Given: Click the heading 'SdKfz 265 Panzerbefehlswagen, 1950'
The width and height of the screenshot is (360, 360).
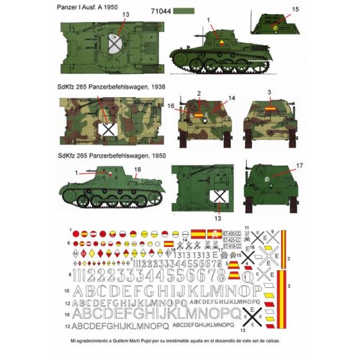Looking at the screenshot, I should [x=112, y=154].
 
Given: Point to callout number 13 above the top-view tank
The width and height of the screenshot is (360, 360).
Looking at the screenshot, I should [x=126, y=14].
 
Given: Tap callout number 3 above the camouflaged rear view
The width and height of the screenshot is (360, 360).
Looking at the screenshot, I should [x=268, y=93].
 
